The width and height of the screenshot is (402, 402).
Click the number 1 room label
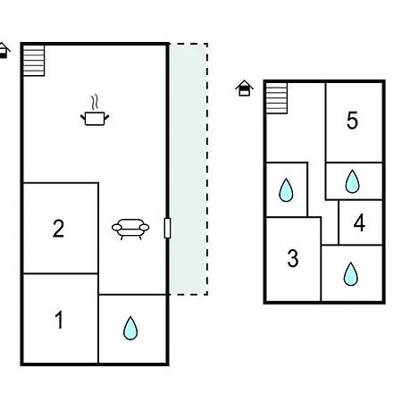click(x=60, y=320)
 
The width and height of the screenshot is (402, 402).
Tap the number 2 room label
click(x=58, y=229)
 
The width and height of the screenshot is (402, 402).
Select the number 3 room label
click(x=293, y=258)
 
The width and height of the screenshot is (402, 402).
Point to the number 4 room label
click(x=359, y=222)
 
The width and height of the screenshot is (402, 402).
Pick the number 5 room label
click(x=352, y=121)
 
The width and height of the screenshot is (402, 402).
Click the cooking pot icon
click(x=95, y=119)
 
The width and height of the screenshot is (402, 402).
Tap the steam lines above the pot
click(x=95, y=102)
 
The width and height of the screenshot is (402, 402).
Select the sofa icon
click(x=130, y=229)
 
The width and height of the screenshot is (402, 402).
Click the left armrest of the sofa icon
click(x=116, y=228)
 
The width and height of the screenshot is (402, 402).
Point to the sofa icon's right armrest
click(x=145, y=228)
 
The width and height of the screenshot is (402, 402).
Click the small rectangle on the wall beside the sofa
click(x=167, y=228)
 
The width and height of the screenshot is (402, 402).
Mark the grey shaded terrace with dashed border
click(x=188, y=169)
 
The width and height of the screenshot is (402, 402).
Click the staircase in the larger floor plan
click(x=34, y=61)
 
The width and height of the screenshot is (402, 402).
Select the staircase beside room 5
click(x=277, y=98)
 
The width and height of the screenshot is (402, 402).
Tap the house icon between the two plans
click(x=244, y=88)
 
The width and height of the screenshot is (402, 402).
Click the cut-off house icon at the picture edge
click(x=4, y=51)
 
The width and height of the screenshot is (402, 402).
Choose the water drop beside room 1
click(x=130, y=328)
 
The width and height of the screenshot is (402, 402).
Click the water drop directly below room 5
click(x=352, y=181)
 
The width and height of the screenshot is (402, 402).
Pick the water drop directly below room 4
click(x=350, y=274)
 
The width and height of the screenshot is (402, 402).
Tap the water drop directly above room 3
click(x=286, y=190)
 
